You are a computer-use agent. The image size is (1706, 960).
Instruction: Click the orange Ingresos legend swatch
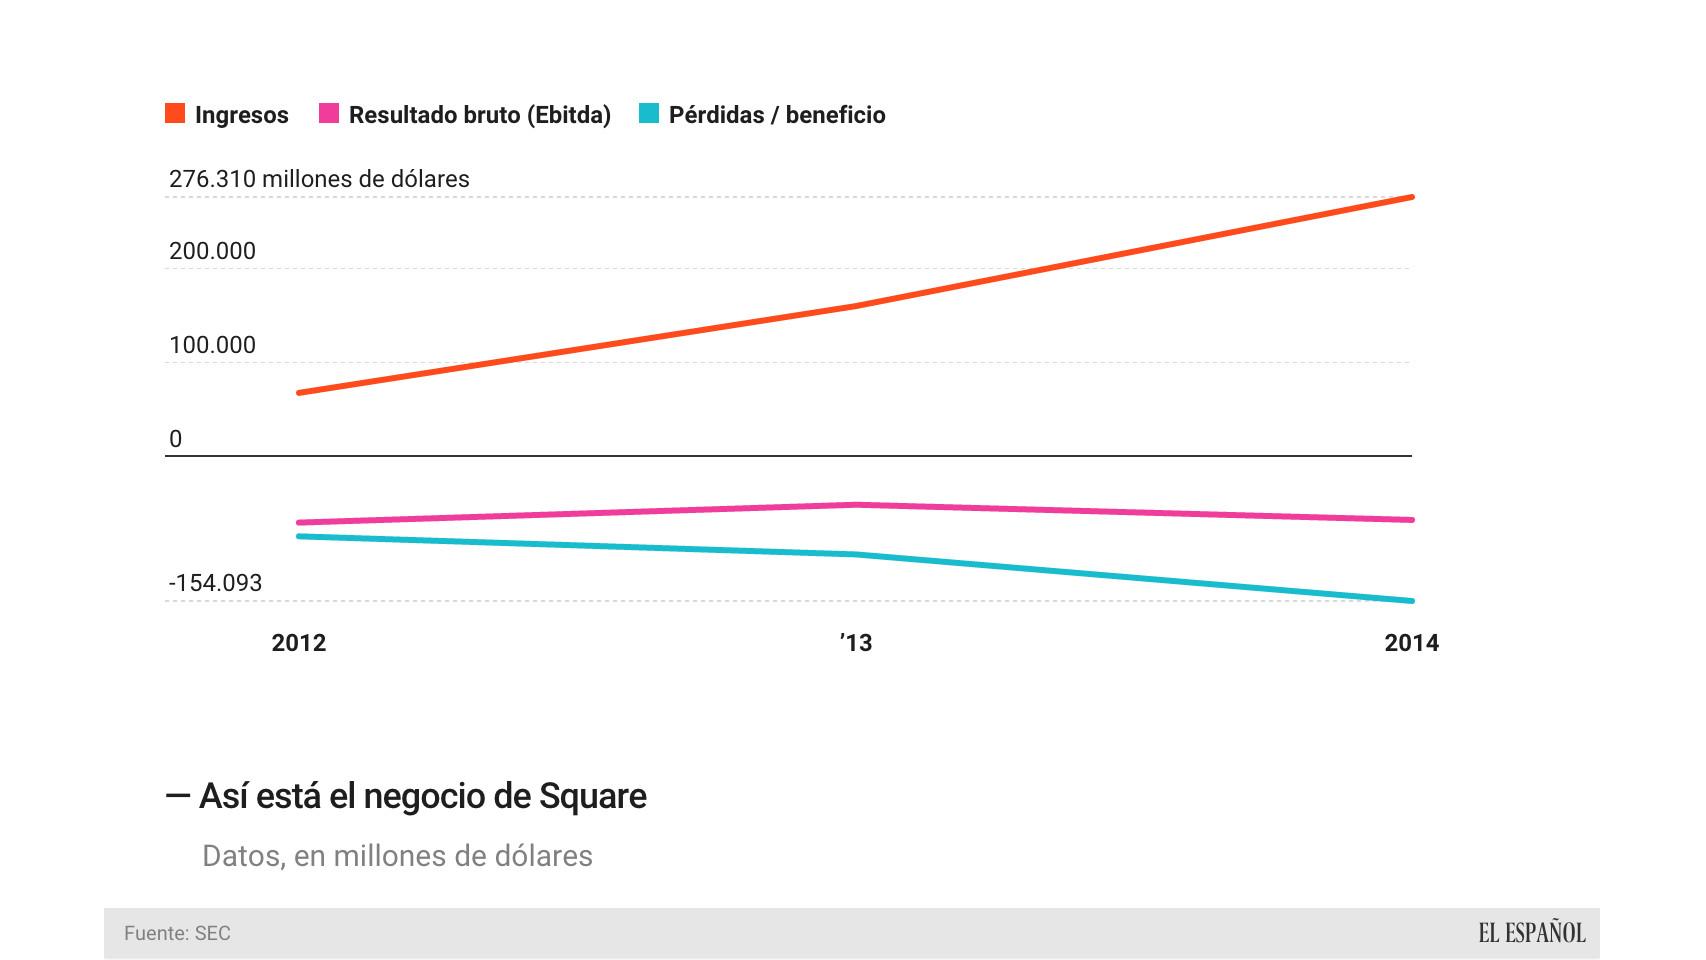click(x=175, y=114)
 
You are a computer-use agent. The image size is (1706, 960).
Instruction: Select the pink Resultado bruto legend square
click(x=329, y=114)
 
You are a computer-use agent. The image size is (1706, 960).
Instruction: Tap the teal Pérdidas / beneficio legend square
click(x=649, y=114)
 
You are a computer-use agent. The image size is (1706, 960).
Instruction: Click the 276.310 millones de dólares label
click(x=319, y=179)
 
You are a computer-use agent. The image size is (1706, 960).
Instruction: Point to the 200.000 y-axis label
click(x=212, y=251)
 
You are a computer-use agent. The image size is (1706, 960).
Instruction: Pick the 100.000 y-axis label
click(x=212, y=345)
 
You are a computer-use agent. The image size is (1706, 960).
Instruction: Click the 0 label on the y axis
click(x=176, y=439)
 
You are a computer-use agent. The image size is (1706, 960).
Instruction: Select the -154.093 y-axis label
click(x=215, y=583)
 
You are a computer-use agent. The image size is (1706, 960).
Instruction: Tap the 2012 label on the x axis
click(x=298, y=643)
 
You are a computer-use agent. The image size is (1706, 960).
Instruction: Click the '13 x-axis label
click(x=856, y=643)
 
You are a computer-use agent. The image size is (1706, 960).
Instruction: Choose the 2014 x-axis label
click(x=1411, y=643)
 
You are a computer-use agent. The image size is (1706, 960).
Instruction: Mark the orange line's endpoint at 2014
click(x=1411, y=197)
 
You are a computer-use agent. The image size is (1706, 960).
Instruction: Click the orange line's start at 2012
click(x=299, y=393)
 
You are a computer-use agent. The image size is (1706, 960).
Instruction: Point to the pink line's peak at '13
click(x=856, y=505)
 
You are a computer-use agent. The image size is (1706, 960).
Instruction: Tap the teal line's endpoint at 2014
click(x=1411, y=601)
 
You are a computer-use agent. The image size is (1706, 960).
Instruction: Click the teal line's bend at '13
click(x=856, y=554)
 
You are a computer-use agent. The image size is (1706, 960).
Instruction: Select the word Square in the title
click(x=592, y=797)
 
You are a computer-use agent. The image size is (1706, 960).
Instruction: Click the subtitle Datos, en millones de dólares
click(x=397, y=856)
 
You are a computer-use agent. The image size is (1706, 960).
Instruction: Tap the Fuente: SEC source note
click(x=177, y=933)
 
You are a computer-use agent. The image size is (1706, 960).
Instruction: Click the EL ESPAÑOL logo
click(x=1531, y=933)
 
